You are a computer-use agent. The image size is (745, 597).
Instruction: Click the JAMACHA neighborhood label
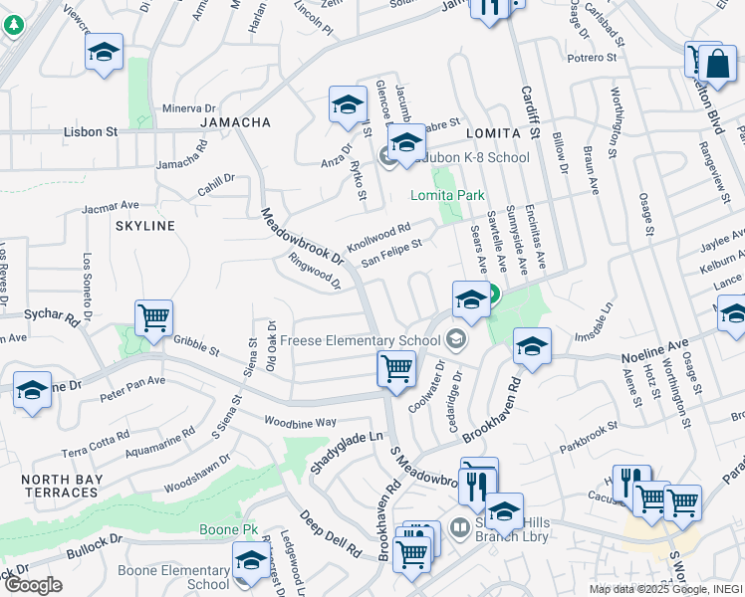pos(235,122)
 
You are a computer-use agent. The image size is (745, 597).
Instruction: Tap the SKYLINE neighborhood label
pos(144,226)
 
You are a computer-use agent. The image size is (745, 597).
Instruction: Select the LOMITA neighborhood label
pos(493,133)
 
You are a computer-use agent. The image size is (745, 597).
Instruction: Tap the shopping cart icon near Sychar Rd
pos(153,319)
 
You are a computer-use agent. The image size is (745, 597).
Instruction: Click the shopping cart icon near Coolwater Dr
pos(396,369)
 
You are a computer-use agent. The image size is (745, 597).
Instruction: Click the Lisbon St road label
pos(91,131)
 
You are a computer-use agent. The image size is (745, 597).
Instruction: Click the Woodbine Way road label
pos(299,422)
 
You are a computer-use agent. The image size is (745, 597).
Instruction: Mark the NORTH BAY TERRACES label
pos(60,487)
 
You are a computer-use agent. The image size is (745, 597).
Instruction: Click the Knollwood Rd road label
pos(378,236)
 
